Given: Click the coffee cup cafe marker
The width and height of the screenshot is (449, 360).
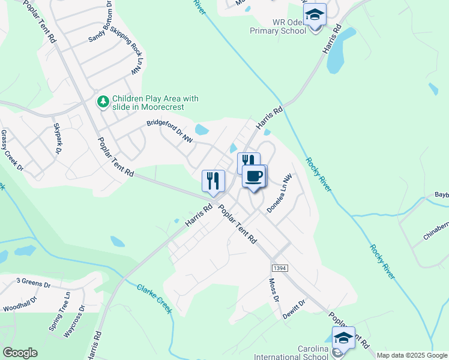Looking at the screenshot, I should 253,176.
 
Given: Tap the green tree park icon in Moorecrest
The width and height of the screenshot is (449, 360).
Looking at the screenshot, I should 103,102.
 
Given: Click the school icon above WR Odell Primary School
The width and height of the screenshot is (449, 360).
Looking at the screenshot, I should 314,15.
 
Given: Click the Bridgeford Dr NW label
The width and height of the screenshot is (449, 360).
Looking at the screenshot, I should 170,131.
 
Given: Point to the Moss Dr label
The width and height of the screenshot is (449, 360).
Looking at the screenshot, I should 274,290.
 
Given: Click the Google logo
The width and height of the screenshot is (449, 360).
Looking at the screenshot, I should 20,353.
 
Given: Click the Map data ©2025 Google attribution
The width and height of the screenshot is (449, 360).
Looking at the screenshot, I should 411,355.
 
